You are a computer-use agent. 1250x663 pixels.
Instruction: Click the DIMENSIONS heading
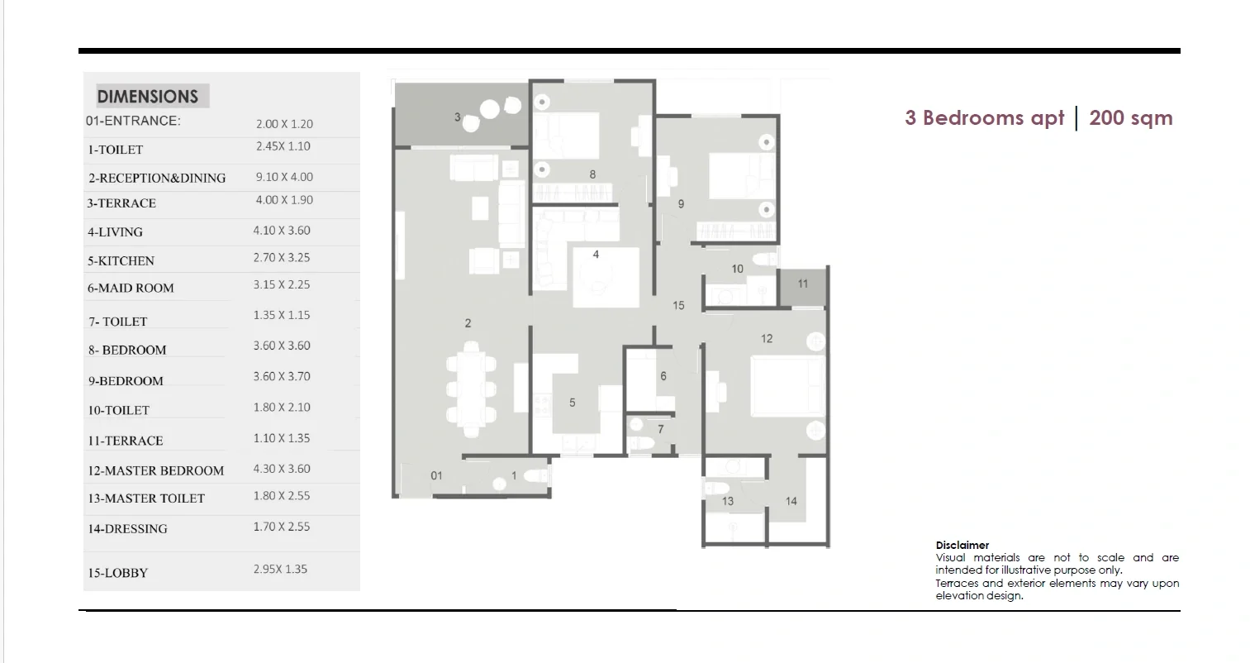[147, 97]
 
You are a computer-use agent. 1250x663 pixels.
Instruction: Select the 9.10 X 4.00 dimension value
[284, 177]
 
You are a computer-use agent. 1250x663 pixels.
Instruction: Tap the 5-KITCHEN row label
[121, 261]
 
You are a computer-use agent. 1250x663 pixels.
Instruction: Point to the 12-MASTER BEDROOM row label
[155, 470]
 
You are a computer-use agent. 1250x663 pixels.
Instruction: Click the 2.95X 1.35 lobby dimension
[280, 569]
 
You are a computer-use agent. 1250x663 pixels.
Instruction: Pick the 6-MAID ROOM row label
[131, 289]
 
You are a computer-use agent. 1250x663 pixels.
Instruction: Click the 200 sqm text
[1130, 118]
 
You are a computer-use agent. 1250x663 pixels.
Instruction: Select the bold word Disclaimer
[962, 545]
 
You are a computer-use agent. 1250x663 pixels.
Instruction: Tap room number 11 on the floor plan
[802, 284]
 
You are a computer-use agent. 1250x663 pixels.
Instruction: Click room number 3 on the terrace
[457, 117]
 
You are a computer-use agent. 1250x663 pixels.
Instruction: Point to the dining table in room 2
[471, 389]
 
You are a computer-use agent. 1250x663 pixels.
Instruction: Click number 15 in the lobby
[678, 306]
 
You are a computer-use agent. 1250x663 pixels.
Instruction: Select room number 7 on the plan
[661, 429]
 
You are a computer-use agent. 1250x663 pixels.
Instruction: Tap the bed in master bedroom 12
[787, 386]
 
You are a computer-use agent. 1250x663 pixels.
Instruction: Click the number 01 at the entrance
[436, 475]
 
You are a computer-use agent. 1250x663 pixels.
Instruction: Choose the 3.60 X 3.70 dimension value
[281, 376]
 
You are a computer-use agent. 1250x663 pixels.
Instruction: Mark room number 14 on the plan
[791, 501]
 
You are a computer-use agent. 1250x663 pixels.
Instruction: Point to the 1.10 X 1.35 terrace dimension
[281, 438]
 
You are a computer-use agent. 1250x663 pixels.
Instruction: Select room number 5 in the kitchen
[572, 402]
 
